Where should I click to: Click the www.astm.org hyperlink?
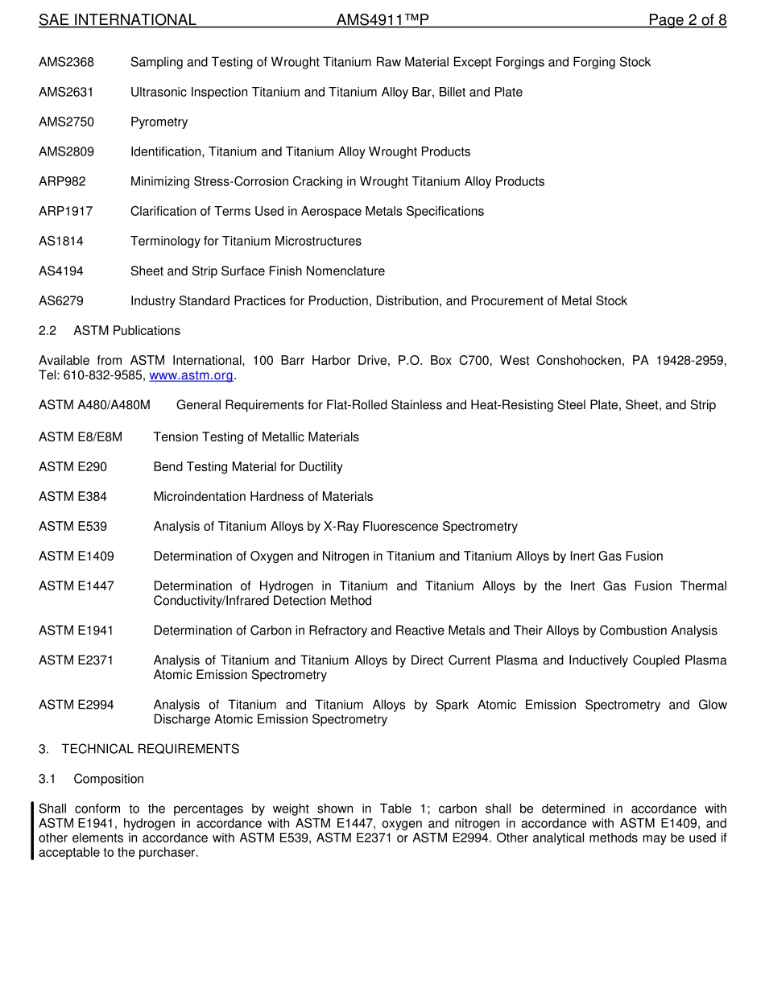pos(191,375)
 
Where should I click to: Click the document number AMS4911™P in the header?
pos(382,20)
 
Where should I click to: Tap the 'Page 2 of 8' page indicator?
pos(687,20)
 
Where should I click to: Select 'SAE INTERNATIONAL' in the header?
pos(118,20)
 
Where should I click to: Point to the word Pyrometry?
pos(159,122)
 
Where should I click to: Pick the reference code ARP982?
pos(62,182)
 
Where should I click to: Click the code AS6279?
pos(61,301)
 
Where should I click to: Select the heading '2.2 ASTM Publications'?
pos(110,331)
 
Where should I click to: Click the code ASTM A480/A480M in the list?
pos(94,405)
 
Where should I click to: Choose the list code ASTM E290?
pos(72,467)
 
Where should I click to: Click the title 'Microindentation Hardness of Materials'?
pos(263,497)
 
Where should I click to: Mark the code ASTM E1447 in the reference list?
pos(76,586)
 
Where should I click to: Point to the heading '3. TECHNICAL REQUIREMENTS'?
pos(139,749)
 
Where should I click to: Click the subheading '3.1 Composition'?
pos(92,779)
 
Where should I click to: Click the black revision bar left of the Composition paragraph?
pos(32,830)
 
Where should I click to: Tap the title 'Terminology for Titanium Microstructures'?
pos(246,242)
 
